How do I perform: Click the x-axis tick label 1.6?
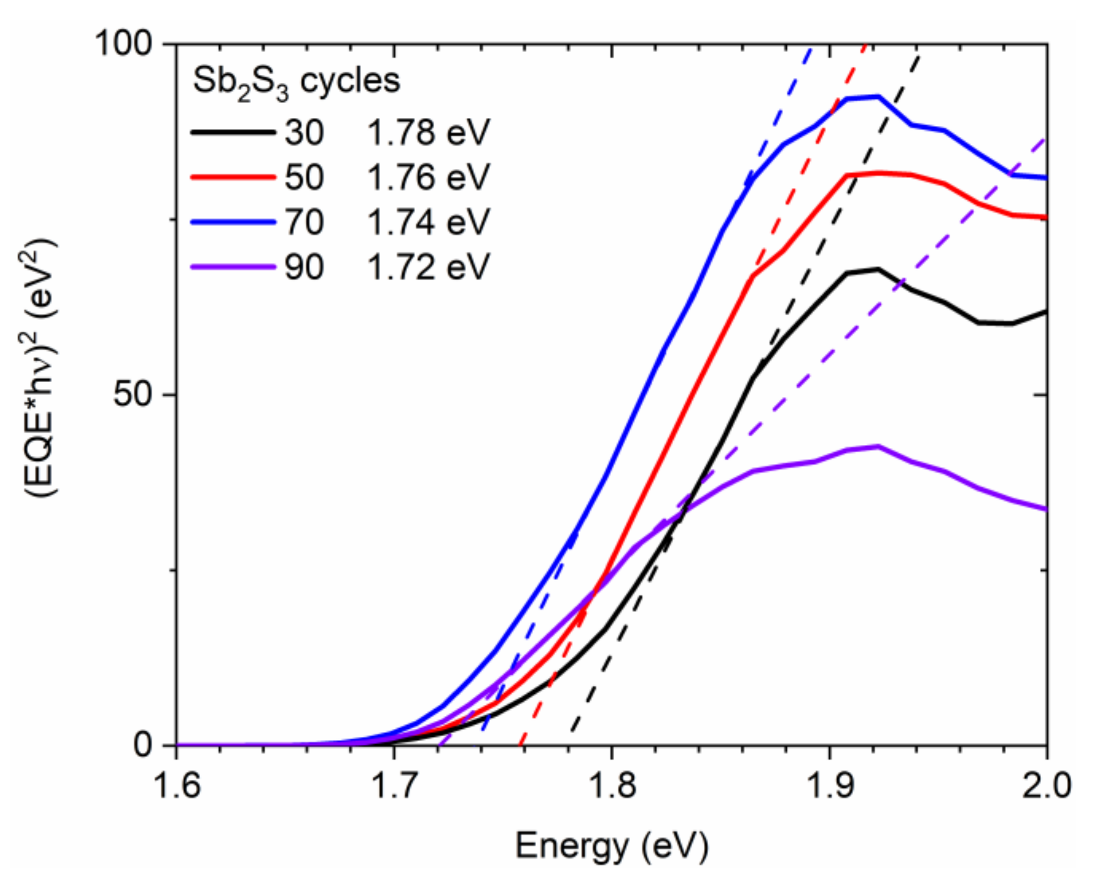point(176,786)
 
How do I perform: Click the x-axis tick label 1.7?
point(394,786)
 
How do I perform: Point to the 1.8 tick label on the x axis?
point(612,786)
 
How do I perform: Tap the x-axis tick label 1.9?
point(829,786)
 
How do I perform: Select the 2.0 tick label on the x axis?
point(1046,786)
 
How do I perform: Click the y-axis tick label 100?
point(123,44)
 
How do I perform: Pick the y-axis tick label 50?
point(133,394)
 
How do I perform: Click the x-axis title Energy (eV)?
point(612,845)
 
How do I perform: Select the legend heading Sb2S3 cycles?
point(296,82)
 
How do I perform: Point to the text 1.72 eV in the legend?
point(428,267)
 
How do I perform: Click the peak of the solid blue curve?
point(877,97)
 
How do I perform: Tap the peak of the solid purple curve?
point(877,446)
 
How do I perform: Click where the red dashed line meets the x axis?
point(520,745)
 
